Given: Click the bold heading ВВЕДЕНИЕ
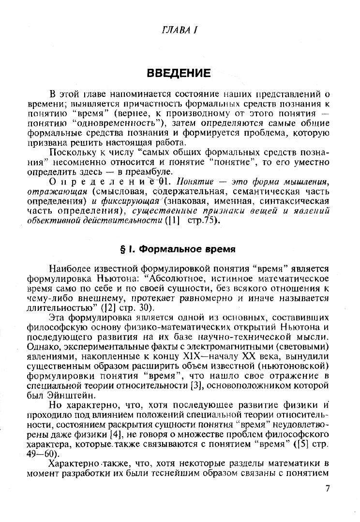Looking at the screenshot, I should tap(179, 74).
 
